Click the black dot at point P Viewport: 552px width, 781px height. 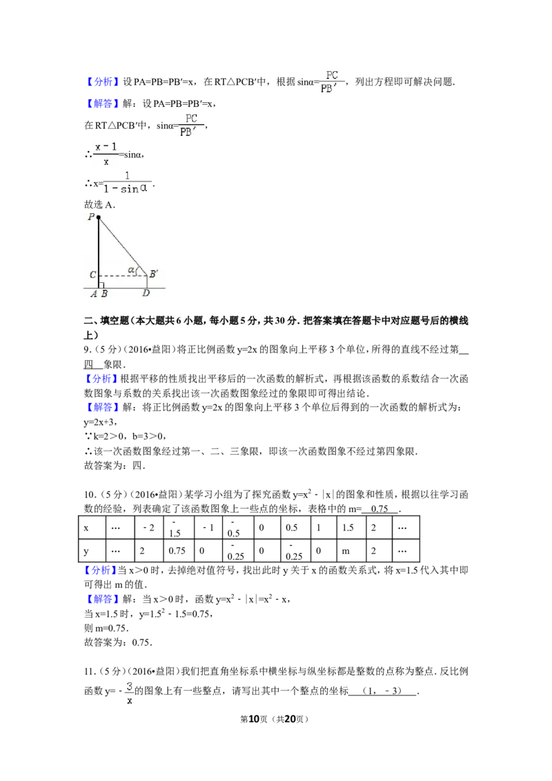pos(99,217)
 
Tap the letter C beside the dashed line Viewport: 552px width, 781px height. pos(92,275)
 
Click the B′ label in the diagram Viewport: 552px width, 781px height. pos(154,274)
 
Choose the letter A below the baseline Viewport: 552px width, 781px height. pos(93,293)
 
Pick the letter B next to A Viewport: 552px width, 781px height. pos(103,293)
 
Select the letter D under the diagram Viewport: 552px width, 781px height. pos(146,293)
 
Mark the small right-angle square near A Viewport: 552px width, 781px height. pos(102,285)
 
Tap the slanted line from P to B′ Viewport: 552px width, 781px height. pos(122,246)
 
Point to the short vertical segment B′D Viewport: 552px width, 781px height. pos(147,281)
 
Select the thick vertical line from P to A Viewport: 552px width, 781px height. pos(99,252)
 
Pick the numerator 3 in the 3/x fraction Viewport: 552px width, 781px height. pos(130,686)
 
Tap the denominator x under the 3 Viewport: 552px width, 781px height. pos(130,700)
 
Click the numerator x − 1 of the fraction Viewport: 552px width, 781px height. pos(106,146)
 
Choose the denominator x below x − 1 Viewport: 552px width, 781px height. pos(106,161)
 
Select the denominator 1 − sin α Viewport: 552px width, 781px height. pos(126,188)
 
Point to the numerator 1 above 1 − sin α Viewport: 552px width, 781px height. pos(127,175)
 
